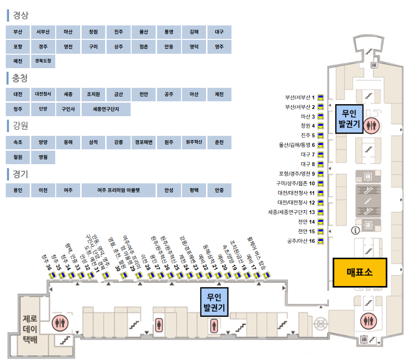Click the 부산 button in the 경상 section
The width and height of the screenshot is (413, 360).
point(18,32)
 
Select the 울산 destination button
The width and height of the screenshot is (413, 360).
point(144,32)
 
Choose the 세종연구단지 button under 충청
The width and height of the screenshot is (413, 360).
point(106,109)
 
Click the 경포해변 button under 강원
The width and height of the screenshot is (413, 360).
point(144,143)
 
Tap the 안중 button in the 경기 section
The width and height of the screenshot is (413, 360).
point(219,190)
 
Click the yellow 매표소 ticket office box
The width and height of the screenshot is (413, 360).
point(360,273)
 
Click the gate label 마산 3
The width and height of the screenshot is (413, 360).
point(307,117)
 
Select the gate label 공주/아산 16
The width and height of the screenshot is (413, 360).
point(301,240)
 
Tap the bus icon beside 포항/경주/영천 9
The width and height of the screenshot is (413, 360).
point(320,174)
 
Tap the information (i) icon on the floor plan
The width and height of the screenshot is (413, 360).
point(356,230)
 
